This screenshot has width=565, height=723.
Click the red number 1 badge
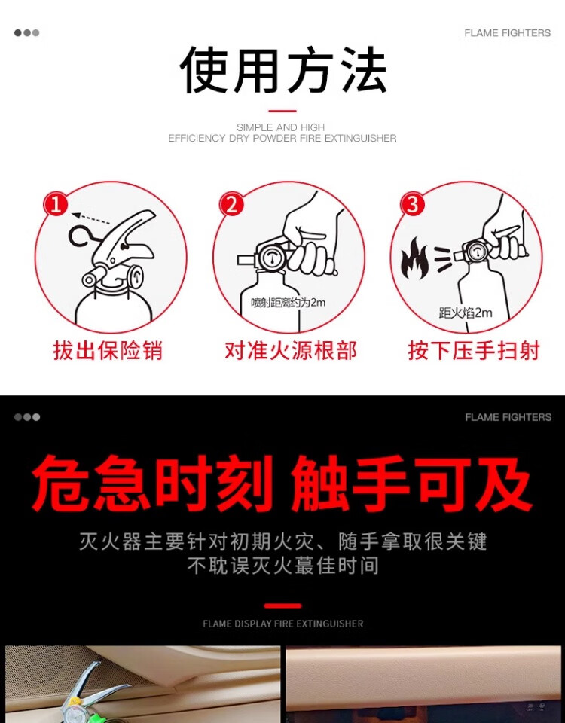click(x=56, y=204)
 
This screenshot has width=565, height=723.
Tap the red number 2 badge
click(x=231, y=204)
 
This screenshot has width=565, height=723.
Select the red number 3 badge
click(x=412, y=204)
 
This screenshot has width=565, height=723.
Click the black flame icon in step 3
click(x=414, y=258)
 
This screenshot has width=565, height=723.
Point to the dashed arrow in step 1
click(x=91, y=218)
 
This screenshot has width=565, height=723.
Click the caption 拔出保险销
click(x=108, y=350)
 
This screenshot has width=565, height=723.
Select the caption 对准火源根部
click(x=291, y=350)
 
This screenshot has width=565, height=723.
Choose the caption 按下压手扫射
click(x=474, y=350)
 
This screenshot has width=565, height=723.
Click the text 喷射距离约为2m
click(x=288, y=303)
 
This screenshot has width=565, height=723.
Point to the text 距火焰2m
click(x=466, y=313)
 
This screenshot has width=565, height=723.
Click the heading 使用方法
click(x=282, y=71)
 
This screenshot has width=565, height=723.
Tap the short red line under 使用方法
click(x=282, y=111)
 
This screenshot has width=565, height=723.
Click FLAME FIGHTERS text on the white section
click(x=507, y=33)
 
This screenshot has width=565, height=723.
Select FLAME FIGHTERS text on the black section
click(x=508, y=417)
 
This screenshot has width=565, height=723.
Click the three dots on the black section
click(x=27, y=417)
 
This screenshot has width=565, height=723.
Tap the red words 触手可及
click(x=411, y=484)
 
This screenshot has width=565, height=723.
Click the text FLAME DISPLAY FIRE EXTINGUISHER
click(x=282, y=624)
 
